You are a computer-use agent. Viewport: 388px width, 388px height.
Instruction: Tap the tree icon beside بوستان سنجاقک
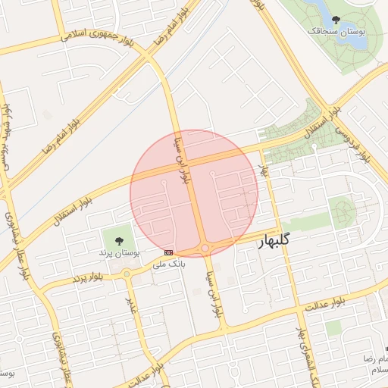336,20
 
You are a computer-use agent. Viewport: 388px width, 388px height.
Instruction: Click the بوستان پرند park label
120,251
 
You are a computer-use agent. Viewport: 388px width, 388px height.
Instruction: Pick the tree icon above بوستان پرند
118,240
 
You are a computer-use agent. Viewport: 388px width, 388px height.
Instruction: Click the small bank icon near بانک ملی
168,252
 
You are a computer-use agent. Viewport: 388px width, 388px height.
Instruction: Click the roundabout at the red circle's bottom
205,249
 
